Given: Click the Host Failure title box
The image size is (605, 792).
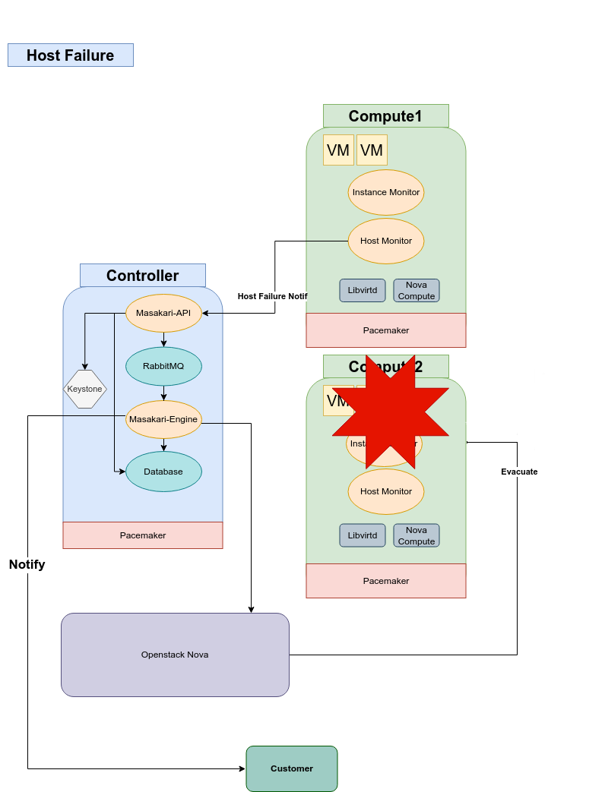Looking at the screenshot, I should [71, 55].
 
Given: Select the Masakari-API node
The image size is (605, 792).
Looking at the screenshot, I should [163, 313].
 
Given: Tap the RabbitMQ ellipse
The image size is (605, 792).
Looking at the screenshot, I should [163, 366].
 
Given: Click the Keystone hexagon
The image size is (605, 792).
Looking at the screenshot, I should [84, 389].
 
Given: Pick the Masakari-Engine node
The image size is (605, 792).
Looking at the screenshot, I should [163, 419].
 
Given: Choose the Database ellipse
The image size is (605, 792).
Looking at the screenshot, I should [163, 472].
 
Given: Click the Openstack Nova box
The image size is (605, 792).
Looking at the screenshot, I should [175, 655].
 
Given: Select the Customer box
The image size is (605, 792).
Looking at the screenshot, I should [292, 768].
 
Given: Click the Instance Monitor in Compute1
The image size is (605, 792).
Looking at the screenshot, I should [386, 192].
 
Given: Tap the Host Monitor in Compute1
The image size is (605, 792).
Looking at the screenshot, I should [386, 241].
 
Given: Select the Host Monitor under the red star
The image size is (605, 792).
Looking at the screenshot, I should [386, 491].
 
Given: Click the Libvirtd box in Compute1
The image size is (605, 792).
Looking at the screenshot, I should [363, 290].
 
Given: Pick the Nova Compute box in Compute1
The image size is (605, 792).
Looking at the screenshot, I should [417, 290].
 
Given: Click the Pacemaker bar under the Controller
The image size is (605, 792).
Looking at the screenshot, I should [143, 535].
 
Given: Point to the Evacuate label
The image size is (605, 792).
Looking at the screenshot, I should [519, 472].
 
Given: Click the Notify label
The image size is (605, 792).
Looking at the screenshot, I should [27, 564].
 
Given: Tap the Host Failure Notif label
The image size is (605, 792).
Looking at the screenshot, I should [272, 296].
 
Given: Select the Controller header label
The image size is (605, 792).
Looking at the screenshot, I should [143, 276].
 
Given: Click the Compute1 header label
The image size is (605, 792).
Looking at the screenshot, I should [385, 116].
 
